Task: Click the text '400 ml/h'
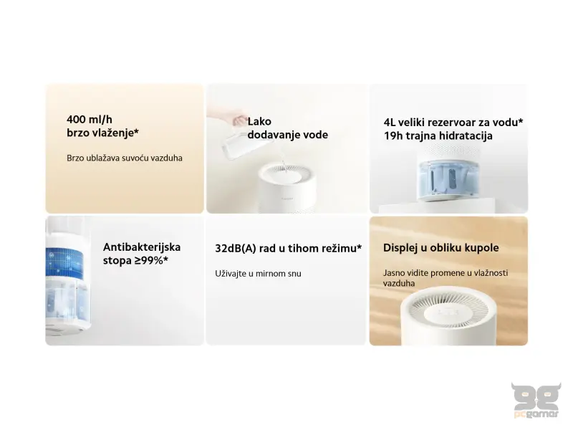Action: click(x=88, y=119)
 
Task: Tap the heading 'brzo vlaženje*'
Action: click(x=102, y=133)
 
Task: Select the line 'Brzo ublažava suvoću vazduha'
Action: click(x=124, y=158)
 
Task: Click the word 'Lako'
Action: click(x=259, y=122)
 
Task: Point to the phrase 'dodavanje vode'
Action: click(x=287, y=135)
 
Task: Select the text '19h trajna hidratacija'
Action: click(x=438, y=136)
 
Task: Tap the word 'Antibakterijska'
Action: click(x=142, y=247)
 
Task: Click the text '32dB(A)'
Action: click(x=233, y=249)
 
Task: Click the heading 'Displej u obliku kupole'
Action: click(x=441, y=248)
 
